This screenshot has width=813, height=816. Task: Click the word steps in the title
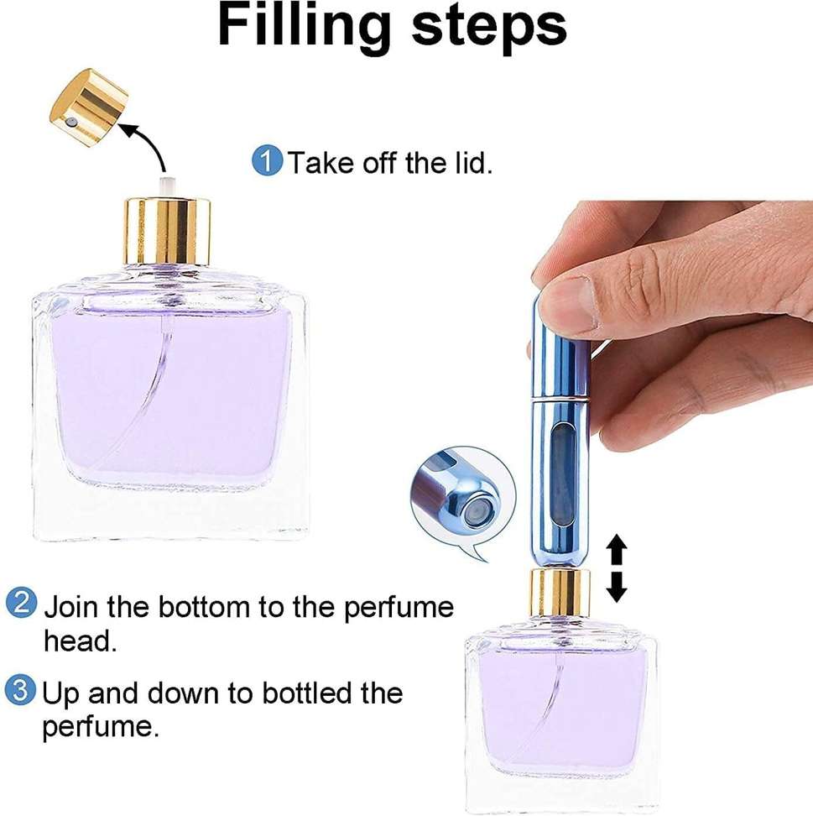(488, 27)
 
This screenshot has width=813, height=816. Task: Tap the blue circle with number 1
(268, 161)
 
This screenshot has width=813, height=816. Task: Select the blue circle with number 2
(22, 604)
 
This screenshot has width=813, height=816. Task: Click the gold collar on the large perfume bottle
(168, 232)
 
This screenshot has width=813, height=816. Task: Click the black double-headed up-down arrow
(617, 569)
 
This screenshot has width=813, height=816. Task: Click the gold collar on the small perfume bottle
(560, 593)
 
